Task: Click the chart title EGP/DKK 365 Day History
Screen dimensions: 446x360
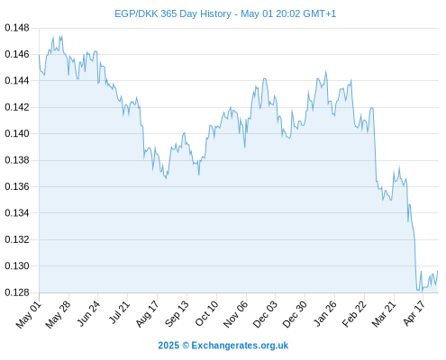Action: pyautogui.click(x=173, y=13)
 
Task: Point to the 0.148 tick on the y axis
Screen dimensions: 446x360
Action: pyautogui.click(x=17, y=28)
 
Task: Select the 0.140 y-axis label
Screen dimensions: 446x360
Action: pyautogui.click(x=17, y=133)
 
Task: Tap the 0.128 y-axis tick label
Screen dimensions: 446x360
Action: pyautogui.click(x=17, y=292)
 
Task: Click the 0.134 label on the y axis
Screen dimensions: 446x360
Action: pyautogui.click(x=17, y=213)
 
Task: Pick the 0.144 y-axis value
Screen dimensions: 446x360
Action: pyautogui.click(x=17, y=81)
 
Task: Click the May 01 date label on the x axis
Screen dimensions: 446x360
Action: pyautogui.click(x=29, y=314)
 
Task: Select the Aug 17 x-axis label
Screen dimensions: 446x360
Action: pyautogui.click(x=148, y=314)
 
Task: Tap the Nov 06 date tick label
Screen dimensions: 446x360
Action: pyautogui.click(x=236, y=314)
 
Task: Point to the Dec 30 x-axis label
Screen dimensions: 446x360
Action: pyautogui.click(x=296, y=314)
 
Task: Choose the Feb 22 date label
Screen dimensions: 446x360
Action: pyautogui.click(x=355, y=314)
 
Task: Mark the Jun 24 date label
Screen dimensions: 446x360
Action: pyautogui.click(x=88, y=314)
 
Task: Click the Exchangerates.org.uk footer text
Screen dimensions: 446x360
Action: pyautogui.click(x=240, y=346)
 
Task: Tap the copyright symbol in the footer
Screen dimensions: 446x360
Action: pyautogui.click(x=186, y=346)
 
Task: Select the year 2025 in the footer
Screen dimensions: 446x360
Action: pyautogui.click(x=168, y=346)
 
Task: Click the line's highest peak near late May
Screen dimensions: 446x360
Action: pyautogui.click(x=61, y=36)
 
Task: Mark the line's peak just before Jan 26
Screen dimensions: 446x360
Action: pyautogui.click(x=326, y=71)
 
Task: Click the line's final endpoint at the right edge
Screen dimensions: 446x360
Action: pyautogui.click(x=438, y=271)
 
